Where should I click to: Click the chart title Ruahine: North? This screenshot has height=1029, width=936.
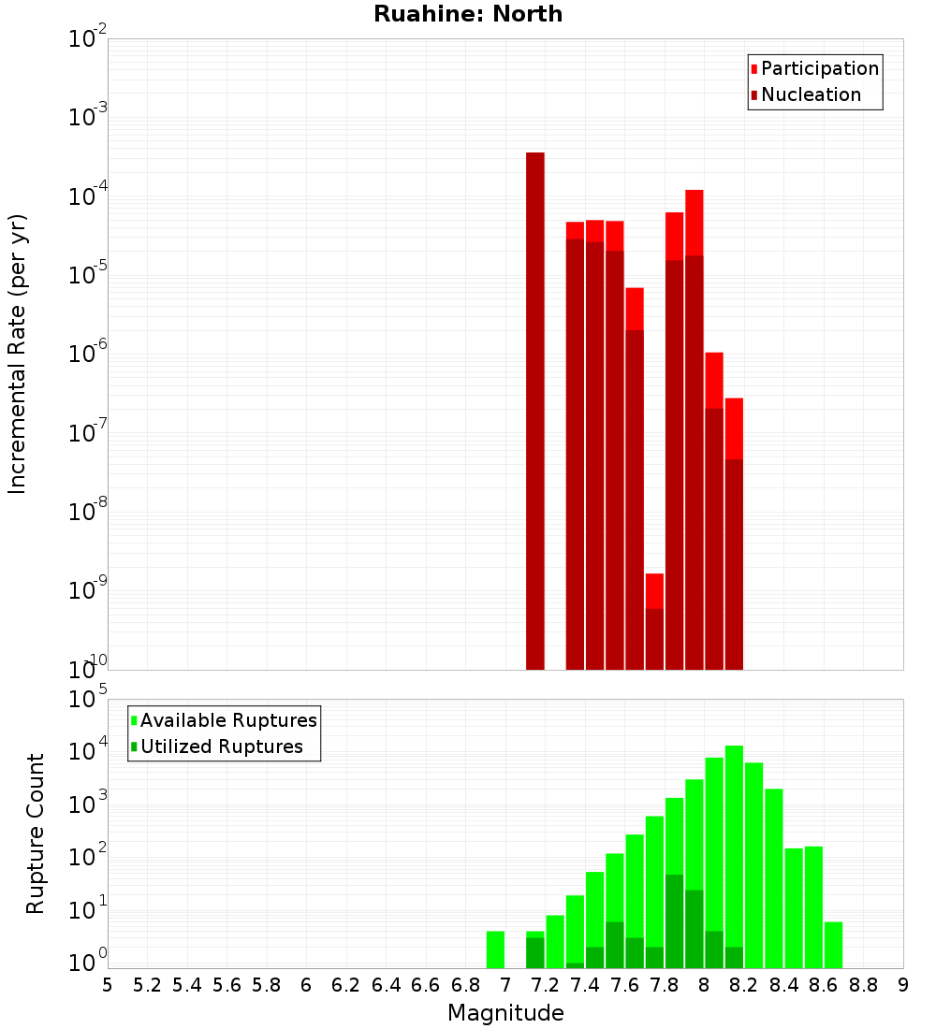[468, 14]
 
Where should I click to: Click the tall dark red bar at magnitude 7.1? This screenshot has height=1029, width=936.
[535, 412]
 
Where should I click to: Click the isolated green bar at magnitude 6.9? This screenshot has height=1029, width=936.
[495, 949]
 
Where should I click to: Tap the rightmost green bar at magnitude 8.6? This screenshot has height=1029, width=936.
[833, 945]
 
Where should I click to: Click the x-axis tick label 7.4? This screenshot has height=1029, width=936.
[585, 985]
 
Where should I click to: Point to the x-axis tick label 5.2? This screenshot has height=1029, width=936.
[147, 985]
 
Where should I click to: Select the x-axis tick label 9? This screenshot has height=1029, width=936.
[903, 985]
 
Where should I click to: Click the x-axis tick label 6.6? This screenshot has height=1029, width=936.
[426, 985]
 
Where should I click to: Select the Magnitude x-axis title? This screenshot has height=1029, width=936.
[505, 1013]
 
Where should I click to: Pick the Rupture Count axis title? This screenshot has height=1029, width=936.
[36, 833]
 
